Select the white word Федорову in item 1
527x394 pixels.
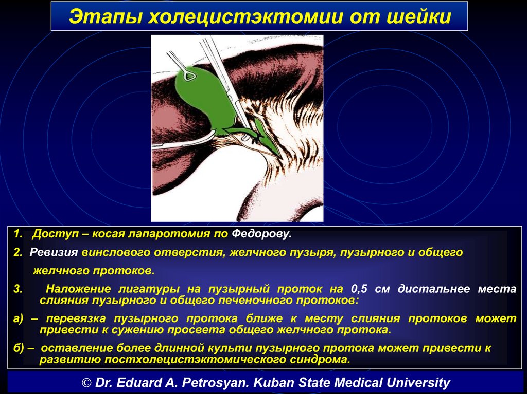tap(261, 234)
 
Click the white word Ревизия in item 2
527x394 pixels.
tap(54, 252)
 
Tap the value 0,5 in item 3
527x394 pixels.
tap(359, 289)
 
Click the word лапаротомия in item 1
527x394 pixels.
tap(168, 234)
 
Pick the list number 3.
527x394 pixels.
tap(17, 289)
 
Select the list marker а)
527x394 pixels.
tap(18, 318)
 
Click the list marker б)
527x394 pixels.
tap(19, 348)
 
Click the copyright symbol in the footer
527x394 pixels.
tap(86, 383)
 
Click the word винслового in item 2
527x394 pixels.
tap(116, 252)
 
